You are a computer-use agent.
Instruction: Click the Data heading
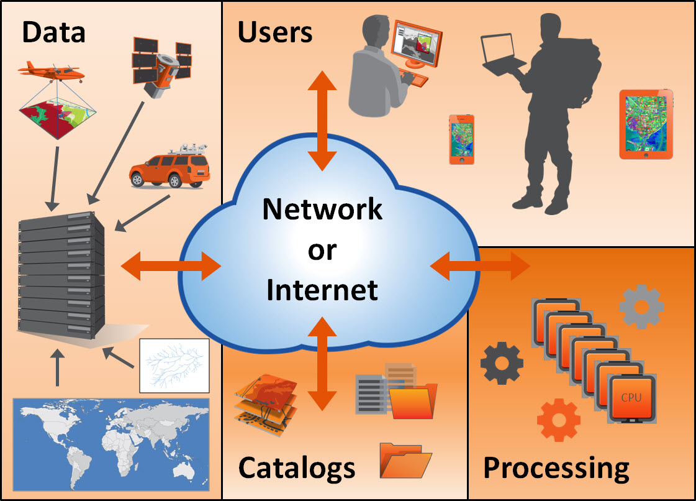pos(53,33)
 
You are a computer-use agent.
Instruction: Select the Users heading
pos(275,33)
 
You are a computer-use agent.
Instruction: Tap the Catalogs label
pos(297,467)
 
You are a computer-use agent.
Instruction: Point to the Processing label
pos(556,467)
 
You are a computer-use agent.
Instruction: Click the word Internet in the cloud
pos(322,290)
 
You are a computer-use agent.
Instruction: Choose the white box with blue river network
pos(174,365)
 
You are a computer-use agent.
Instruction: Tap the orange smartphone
pos(461,139)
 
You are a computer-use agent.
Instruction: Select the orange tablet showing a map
pos(646,124)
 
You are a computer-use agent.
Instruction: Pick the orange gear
pos(558,420)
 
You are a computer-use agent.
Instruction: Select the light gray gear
pos(641,306)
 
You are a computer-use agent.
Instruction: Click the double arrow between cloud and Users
pos(322,121)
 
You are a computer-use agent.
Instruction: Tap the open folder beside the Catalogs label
pos(405,461)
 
